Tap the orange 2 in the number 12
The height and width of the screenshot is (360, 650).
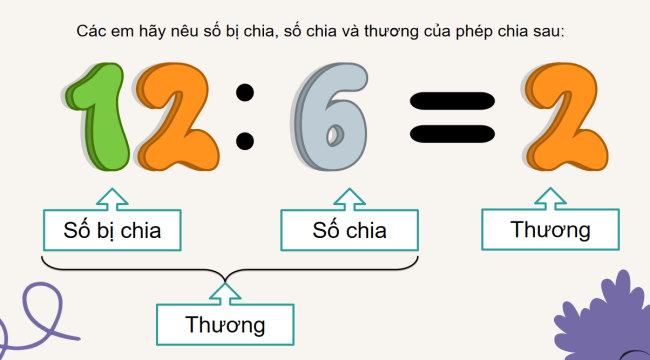coord(180,115)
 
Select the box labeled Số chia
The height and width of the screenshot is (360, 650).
coord(349,231)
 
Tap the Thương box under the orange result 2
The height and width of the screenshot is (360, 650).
coord(550,230)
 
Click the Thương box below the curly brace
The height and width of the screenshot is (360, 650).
coord(225,324)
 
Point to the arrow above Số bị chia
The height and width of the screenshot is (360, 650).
coord(112,196)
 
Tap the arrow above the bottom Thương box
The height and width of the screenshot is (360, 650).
coord(226,292)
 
